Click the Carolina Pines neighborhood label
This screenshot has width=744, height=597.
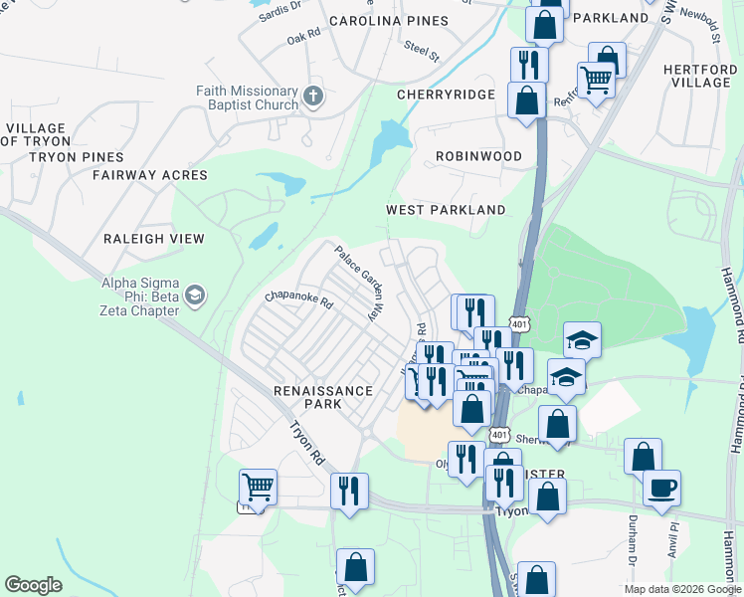pos(388,20)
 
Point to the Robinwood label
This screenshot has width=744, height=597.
pos(478,156)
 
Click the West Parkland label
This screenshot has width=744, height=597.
pos(446,210)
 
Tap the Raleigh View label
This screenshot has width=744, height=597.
pos(154,239)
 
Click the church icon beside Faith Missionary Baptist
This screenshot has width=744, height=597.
pos(313,98)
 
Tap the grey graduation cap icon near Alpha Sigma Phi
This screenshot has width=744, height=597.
pos(195,295)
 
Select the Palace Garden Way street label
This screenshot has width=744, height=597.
pos(358,283)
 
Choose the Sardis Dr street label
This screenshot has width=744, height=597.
pos(279,10)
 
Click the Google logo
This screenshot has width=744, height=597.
pos(33,585)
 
